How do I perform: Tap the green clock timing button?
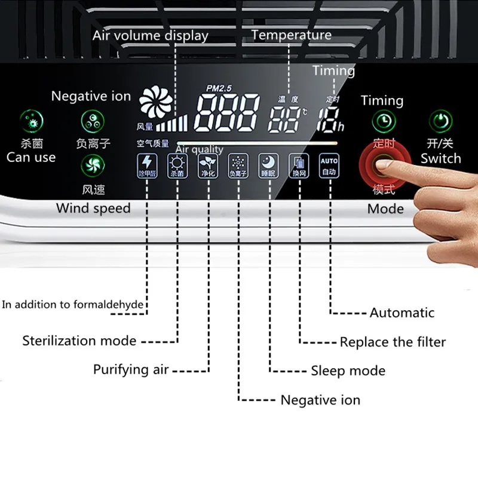click(384, 122)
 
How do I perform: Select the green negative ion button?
click(92, 122)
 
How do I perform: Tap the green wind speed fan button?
click(92, 166)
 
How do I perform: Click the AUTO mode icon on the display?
click(329, 166)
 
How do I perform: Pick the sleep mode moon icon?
click(268, 166)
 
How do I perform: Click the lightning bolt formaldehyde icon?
click(146, 166)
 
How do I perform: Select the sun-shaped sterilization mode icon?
click(177, 166)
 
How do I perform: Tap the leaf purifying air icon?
click(207, 166)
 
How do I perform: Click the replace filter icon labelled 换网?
click(298, 166)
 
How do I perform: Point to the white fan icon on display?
click(155, 103)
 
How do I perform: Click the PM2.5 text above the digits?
click(218, 88)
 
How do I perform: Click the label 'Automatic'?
click(402, 312)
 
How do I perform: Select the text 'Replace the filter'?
click(393, 342)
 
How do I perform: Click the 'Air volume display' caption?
click(150, 36)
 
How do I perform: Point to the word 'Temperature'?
click(291, 35)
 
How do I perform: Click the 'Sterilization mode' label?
click(79, 341)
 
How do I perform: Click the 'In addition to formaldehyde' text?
click(72, 305)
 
